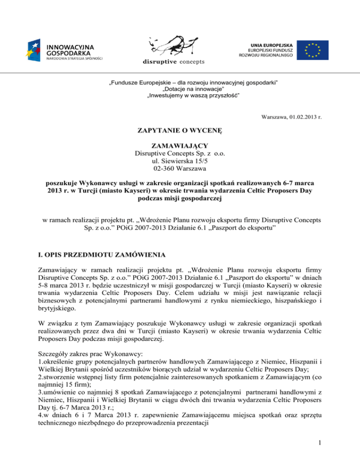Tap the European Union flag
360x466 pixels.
(315, 50)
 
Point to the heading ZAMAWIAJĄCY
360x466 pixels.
(180, 146)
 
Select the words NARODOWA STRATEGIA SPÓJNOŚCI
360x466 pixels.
(74, 59)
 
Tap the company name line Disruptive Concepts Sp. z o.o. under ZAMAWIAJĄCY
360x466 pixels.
(180, 154)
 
